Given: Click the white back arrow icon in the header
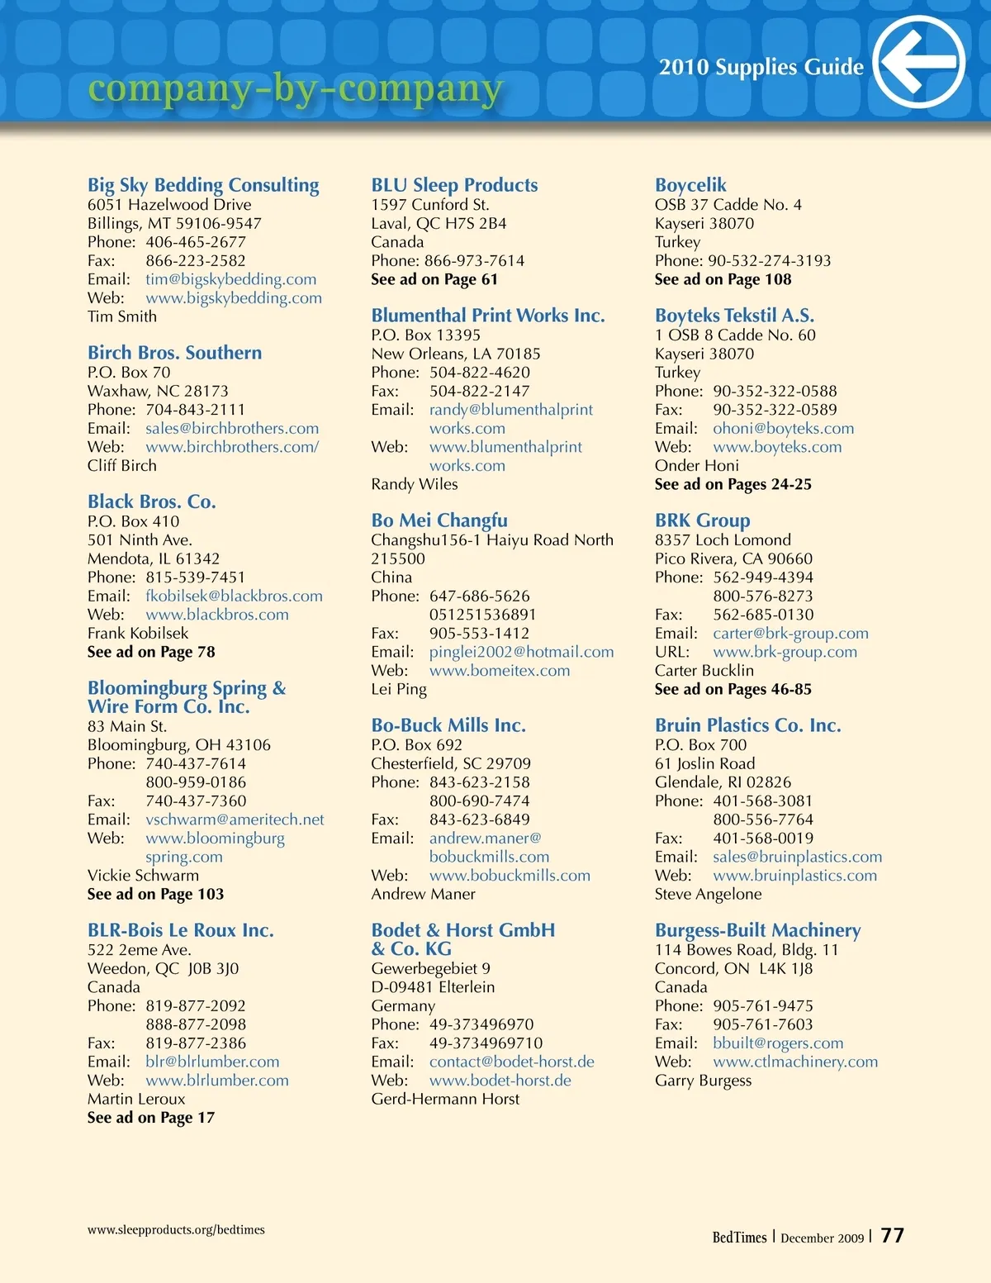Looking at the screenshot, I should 918,62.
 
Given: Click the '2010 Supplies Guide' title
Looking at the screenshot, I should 761,67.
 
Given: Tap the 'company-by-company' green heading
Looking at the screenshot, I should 295,88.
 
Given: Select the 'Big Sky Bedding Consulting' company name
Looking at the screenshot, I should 203,185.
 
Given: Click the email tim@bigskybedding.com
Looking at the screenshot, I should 230,279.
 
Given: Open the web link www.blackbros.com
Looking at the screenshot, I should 217,615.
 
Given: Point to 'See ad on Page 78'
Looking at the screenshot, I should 151,652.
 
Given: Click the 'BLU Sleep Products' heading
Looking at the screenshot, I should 454,185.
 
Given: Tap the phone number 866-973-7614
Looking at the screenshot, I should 474,261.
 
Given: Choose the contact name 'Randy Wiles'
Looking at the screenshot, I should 414,484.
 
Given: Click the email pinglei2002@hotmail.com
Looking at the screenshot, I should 521,652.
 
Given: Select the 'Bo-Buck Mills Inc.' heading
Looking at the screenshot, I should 448,725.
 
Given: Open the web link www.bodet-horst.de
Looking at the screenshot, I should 500,1081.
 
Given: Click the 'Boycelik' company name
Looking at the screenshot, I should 690,185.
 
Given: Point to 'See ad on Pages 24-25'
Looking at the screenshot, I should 733,484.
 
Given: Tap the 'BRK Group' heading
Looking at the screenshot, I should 702,520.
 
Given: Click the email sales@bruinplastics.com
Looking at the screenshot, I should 797,857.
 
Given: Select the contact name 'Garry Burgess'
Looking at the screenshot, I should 703,1081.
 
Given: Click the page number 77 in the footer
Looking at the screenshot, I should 892,1235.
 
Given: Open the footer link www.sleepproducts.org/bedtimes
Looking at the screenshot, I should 176,1229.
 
